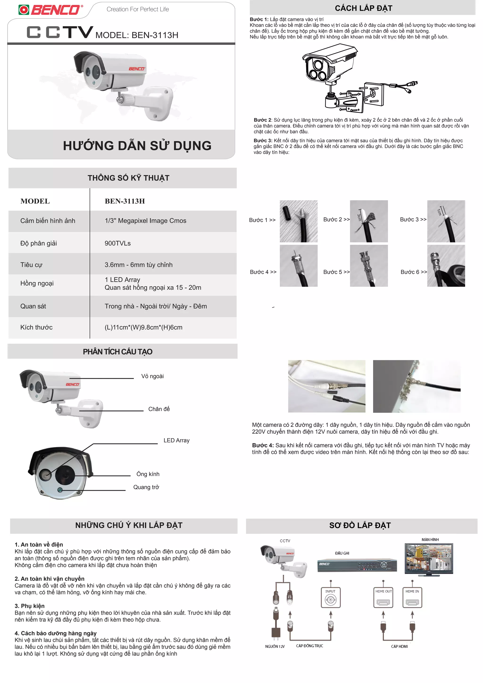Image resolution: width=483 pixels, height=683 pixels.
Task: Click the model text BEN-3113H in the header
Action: point(137,35)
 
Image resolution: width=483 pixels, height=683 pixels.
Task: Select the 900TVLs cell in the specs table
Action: point(117,243)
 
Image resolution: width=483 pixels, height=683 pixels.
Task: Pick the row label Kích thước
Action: point(36,327)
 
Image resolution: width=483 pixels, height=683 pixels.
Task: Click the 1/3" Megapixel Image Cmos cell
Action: point(146,221)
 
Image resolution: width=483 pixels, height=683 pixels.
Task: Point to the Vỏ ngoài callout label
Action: point(152,376)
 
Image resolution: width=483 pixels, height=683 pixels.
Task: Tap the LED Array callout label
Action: point(176,440)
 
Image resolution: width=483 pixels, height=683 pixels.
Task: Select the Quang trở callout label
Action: point(146,487)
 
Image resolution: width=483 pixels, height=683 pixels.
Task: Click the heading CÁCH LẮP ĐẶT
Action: point(363,8)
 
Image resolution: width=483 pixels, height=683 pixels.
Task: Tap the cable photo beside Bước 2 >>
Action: point(369,221)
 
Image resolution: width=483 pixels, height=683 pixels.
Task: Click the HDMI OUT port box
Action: point(383,597)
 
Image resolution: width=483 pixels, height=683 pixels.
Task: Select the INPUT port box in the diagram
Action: point(330,597)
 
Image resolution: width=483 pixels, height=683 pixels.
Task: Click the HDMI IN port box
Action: point(412,597)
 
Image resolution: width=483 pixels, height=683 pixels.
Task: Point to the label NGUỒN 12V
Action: point(275,646)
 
